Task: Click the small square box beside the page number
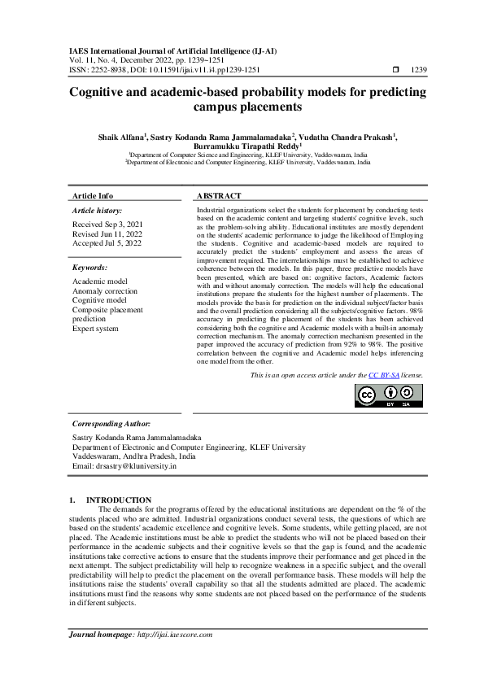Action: (395, 70)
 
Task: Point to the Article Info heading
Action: (93, 196)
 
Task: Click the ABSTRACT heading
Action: (219, 196)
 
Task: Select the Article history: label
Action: (98, 210)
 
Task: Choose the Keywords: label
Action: (89, 267)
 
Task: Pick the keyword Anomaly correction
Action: (105, 290)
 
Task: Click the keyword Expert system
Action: (95, 329)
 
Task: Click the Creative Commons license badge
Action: (389, 395)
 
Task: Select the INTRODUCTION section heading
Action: (119, 500)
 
